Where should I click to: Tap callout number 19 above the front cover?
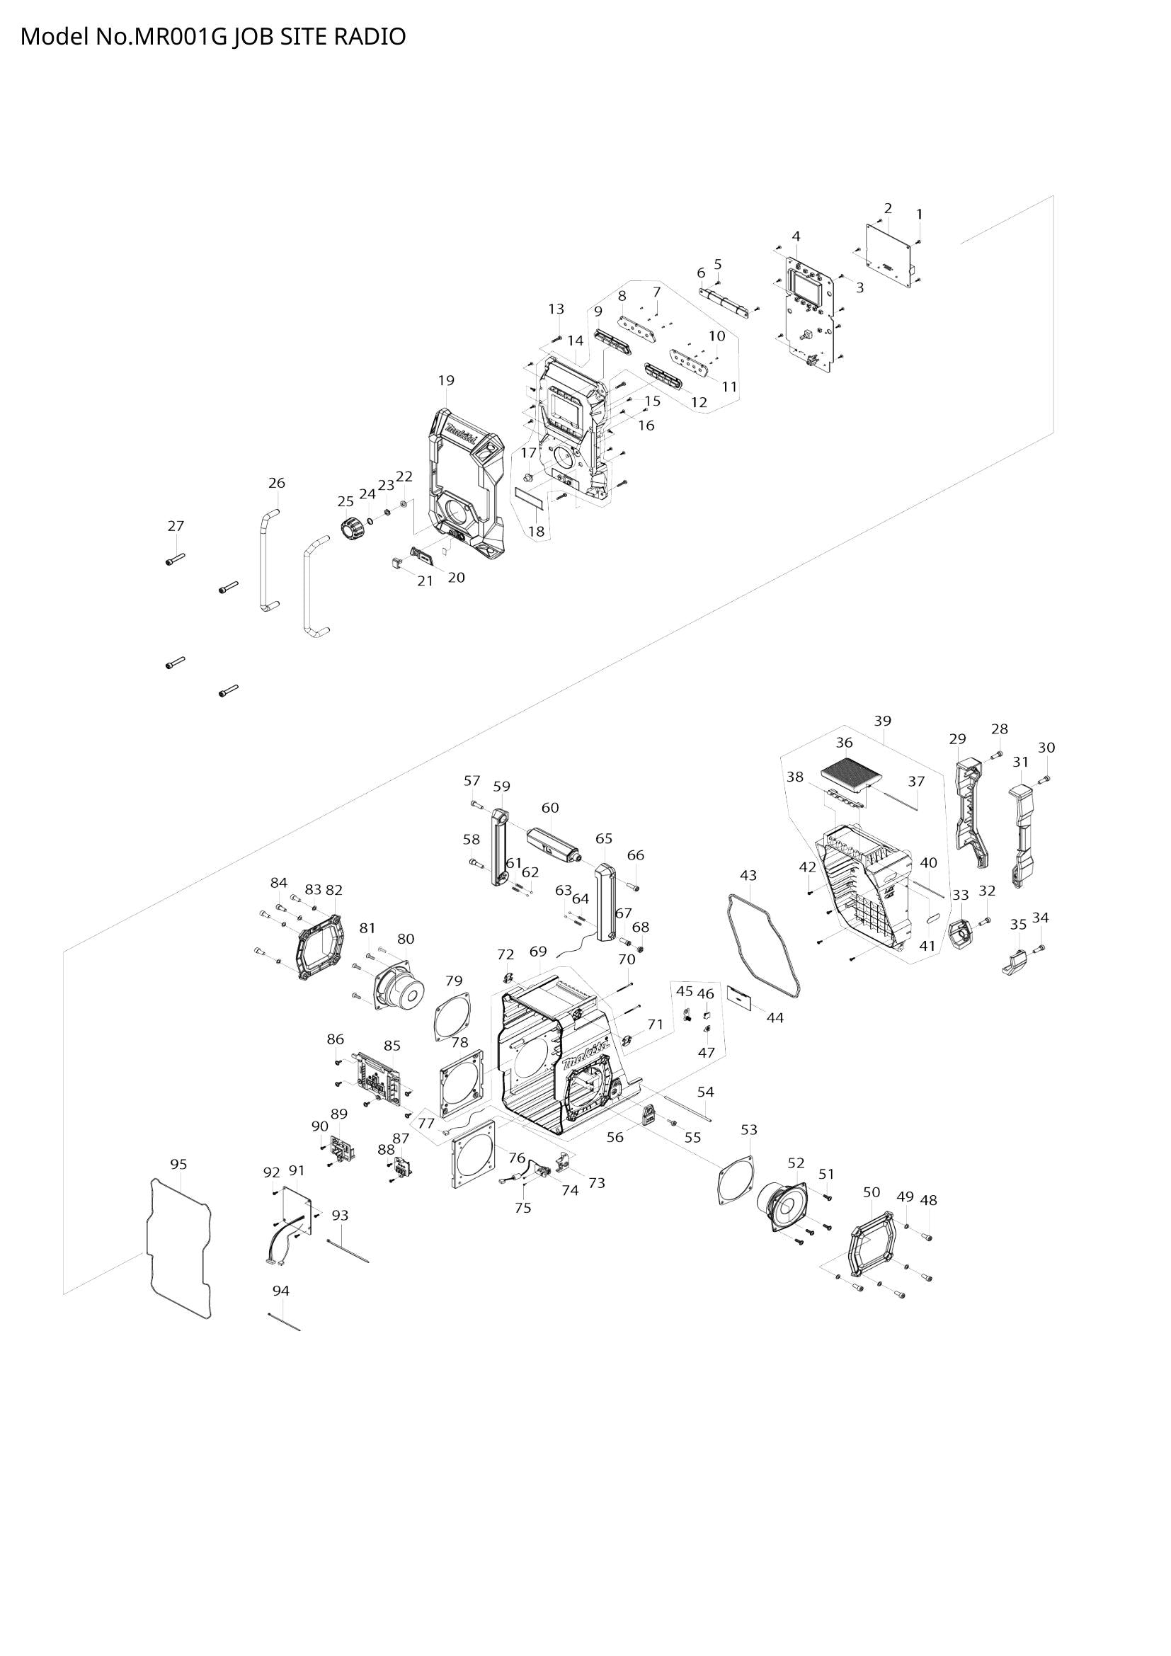point(445,380)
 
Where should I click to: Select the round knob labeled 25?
point(352,528)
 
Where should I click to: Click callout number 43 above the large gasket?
point(748,875)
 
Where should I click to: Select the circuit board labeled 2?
point(889,254)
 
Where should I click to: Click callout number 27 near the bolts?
point(176,526)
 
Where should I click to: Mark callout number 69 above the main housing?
point(538,952)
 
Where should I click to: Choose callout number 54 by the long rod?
point(705,1091)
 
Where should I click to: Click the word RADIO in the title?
point(369,37)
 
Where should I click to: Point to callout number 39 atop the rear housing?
point(883,720)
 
